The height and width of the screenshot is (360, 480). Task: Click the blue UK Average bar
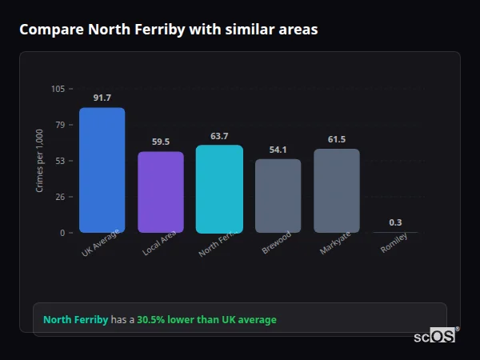(x=102, y=170)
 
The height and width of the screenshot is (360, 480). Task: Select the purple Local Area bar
(x=160, y=192)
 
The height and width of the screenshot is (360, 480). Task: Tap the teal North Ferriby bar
(x=219, y=189)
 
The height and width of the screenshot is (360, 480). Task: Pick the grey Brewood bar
(x=278, y=196)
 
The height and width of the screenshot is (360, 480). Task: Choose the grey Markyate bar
(x=336, y=190)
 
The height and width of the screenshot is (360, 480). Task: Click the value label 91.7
(x=102, y=98)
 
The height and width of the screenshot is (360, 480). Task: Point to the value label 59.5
(x=160, y=142)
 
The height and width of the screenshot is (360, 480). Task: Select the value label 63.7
(x=219, y=136)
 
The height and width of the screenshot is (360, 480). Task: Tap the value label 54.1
(x=278, y=150)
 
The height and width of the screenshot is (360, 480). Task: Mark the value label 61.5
(x=336, y=139)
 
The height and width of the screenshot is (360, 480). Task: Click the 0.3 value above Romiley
(x=395, y=222)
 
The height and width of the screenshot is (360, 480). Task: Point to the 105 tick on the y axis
(x=58, y=89)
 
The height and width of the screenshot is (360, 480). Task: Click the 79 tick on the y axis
(x=60, y=125)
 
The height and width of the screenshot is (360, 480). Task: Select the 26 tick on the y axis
(x=60, y=197)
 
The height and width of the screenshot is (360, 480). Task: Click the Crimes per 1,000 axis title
(x=40, y=161)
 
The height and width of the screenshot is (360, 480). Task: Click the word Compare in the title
(x=51, y=30)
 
